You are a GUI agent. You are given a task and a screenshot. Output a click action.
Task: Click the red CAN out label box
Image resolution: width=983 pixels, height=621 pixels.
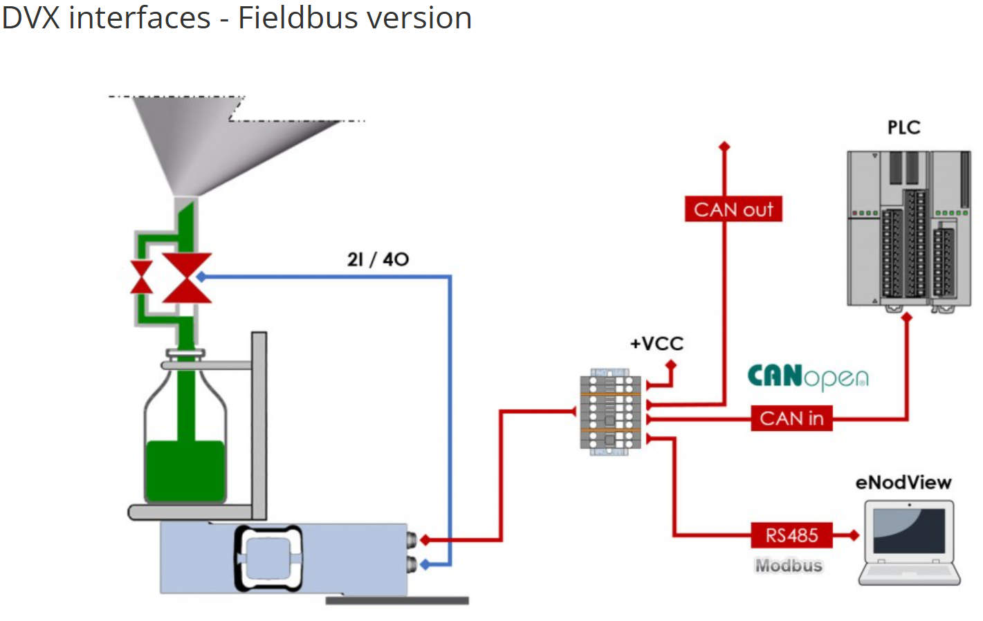point(733,209)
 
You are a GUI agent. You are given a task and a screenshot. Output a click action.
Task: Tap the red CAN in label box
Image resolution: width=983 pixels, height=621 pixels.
point(791,418)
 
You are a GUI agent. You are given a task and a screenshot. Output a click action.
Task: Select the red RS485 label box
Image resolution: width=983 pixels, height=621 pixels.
point(791,535)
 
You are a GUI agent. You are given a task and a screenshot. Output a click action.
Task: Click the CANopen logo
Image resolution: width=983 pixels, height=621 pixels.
point(807,377)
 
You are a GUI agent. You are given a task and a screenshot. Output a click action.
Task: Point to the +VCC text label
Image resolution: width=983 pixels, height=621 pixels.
point(656,344)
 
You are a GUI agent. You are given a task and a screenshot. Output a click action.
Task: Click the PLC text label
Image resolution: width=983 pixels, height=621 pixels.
point(903,128)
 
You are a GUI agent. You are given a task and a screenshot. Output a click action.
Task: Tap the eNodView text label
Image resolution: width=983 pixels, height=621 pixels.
point(903,483)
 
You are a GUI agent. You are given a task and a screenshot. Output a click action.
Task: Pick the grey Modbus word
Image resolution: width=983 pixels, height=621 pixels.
point(789,566)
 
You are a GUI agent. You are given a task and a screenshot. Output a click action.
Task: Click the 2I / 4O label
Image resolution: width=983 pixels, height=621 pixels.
point(378,259)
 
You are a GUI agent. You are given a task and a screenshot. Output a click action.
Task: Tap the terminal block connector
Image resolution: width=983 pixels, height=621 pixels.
point(610,412)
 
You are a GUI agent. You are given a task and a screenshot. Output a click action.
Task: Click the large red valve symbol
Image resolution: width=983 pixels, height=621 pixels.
point(187,278)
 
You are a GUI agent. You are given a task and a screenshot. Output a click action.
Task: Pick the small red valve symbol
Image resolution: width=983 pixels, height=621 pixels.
point(142,277)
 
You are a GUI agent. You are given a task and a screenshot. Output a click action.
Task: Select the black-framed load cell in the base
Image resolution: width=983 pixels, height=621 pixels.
point(269,558)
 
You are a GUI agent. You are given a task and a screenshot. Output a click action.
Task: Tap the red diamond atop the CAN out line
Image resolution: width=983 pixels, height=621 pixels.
point(724,147)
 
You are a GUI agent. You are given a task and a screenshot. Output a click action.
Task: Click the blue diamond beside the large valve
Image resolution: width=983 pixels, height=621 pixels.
point(201,277)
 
